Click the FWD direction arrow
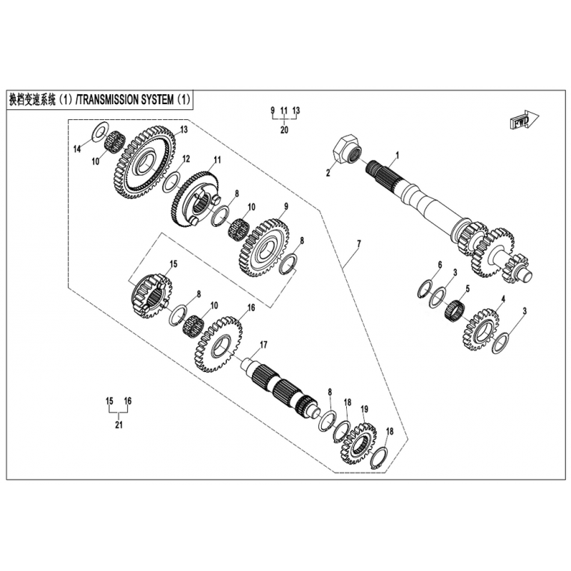524,120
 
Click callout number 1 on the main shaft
398,155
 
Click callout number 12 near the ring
186,158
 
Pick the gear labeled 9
265,248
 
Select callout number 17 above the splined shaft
263,345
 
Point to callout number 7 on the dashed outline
359,243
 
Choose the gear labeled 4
480,330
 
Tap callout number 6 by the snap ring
440,265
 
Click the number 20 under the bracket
284,130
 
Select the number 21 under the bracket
118,425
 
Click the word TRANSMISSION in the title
108,100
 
